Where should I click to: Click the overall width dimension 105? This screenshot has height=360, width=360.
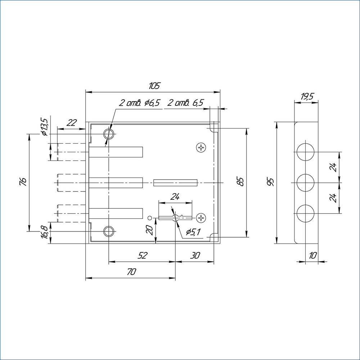(154, 86)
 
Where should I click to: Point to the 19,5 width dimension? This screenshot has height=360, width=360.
(307, 96)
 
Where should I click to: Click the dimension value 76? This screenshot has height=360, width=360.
(23, 181)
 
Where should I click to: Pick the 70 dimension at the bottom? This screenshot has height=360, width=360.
(131, 272)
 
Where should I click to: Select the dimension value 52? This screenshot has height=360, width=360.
(143, 255)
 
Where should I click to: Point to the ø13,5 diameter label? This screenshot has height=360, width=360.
(44, 127)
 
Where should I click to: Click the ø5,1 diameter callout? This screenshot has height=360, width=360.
(193, 232)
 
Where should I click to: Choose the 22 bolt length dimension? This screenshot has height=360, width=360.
(72, 122)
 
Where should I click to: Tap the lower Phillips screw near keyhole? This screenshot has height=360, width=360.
(201, 217)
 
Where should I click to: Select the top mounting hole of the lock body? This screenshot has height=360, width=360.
(109, 134)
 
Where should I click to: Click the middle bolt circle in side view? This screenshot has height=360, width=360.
(306, 183)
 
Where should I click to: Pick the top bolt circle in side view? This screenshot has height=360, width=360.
(306, 152)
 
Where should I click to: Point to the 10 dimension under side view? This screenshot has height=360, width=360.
(312, 256)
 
